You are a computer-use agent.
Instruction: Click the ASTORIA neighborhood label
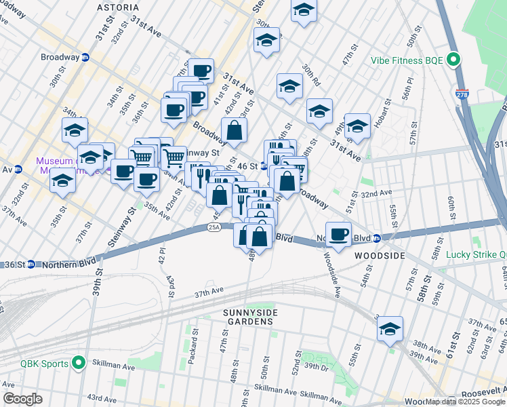tap(119, 7)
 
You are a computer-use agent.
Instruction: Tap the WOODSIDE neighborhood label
tap(380, 256)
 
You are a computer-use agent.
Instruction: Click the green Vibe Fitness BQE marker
tap(453, 60)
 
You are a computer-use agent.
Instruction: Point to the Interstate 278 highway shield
tap(462, 94)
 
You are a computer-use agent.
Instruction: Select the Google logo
tap(22, 399)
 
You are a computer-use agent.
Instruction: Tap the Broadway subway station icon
tap(85, 58)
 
